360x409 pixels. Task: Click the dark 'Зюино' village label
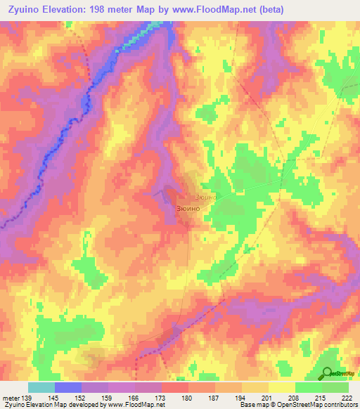pyautogui.click(x=186, y=209)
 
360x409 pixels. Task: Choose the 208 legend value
pyautogui.click(x=301, y=398)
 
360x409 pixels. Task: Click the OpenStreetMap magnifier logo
pyautogui.click(x=327, y=373)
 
